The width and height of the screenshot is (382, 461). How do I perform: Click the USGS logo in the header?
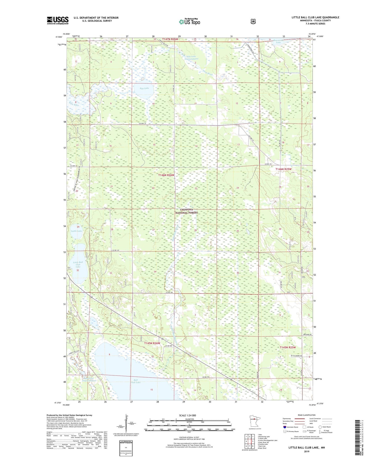click(58, 20)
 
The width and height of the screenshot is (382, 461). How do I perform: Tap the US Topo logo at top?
click(189, 22)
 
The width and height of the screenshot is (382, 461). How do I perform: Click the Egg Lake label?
click(144, 88)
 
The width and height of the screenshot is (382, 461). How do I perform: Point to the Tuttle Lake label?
click(76, 231)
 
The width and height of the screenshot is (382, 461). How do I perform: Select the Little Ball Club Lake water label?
click(78, 265)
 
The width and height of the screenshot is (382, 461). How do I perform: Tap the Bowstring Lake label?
click(278, 41)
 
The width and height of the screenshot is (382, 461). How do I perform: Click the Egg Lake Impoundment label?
click(191, 58)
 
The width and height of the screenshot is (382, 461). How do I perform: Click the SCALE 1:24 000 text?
click(187, 416)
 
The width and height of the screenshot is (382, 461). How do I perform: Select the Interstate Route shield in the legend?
click(284, 427)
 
